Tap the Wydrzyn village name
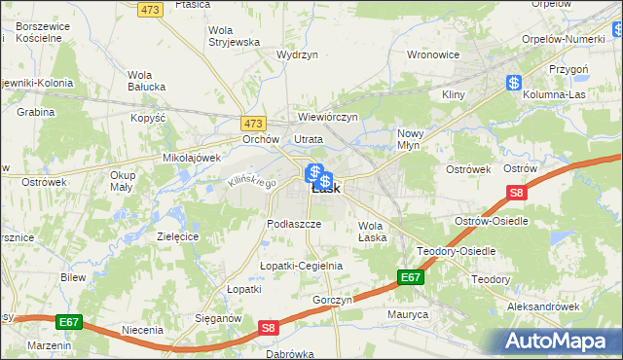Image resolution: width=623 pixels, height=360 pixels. pos(298,55)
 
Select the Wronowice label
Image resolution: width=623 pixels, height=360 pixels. pos(432,54)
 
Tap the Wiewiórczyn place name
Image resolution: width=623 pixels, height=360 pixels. pos(328,117)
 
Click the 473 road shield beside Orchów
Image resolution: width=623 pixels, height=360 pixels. pos(254,124)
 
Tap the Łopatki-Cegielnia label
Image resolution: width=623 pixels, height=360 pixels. pos(301,266)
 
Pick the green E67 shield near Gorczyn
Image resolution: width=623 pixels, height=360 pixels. pos(410,278)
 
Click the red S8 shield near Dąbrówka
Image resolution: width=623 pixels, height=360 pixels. pos(269,331)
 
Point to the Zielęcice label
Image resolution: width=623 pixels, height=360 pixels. pos(177,236)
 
